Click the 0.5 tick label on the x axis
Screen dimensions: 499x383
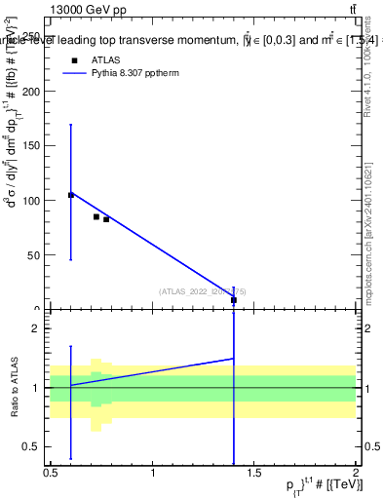click(x=51, y=474)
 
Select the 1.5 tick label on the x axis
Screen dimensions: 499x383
click(x=254, y=474)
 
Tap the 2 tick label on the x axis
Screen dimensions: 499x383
click(x=356, y=474)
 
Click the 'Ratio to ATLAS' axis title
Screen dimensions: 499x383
click(x=15, y=388)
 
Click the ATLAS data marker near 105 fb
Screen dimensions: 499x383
click(x=71, y=195)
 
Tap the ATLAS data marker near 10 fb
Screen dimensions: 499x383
click(x=234, y=299)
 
